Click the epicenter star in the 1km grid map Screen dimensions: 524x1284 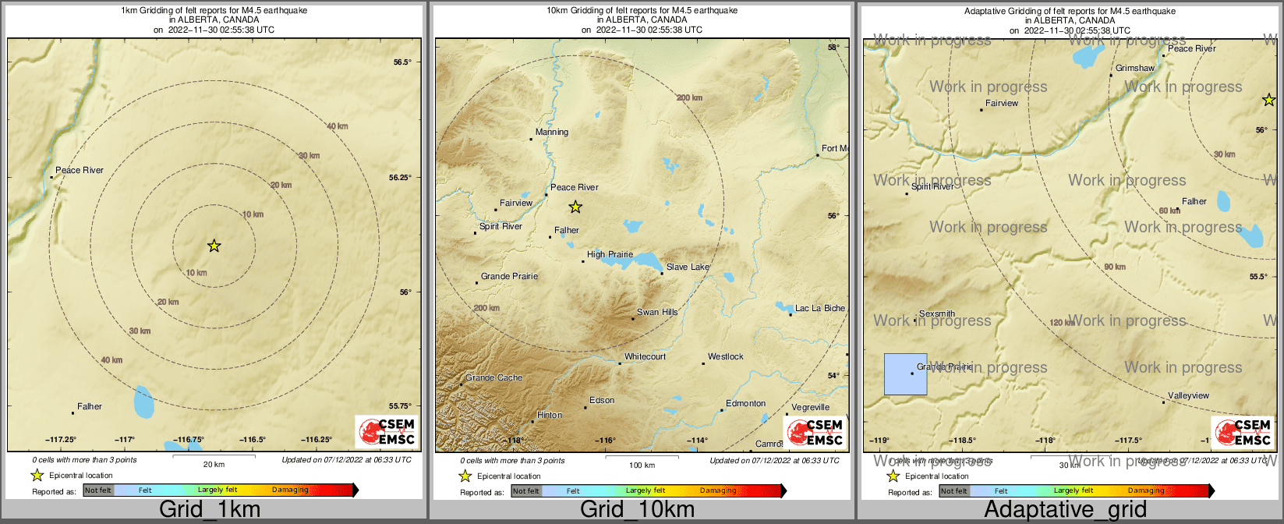click(x=214, y=246)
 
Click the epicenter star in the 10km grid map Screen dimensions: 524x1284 click(x=575, y=207)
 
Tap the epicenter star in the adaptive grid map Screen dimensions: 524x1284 click(x=1269, y=100)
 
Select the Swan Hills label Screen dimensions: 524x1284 click(x=657, y=312)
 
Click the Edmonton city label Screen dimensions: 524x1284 click(x=745, y=403)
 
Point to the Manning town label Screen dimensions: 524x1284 click(x=552, y=132)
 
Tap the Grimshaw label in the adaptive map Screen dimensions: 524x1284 click(x=1134, y=69)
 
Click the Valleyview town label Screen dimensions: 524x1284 click(x=1188, y=395)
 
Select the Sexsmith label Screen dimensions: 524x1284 click(x=937, y=313)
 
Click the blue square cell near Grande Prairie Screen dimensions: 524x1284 click(x=905, y=374)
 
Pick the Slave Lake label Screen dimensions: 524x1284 click(x=688, y=267)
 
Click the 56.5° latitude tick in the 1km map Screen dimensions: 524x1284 click(x=401, y=62)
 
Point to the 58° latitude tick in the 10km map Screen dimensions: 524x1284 click(x=833, y=48)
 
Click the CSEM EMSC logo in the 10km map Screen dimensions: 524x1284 click(x=815, y=433)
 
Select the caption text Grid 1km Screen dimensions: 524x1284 click(x=210, y=510)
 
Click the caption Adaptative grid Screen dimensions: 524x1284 click(x=1065, y=510)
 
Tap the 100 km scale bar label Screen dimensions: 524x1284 click(x=642, y=466)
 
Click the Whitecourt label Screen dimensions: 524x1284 click(x=645, y=356)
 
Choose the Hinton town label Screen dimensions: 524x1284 click(x=550, y=415)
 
